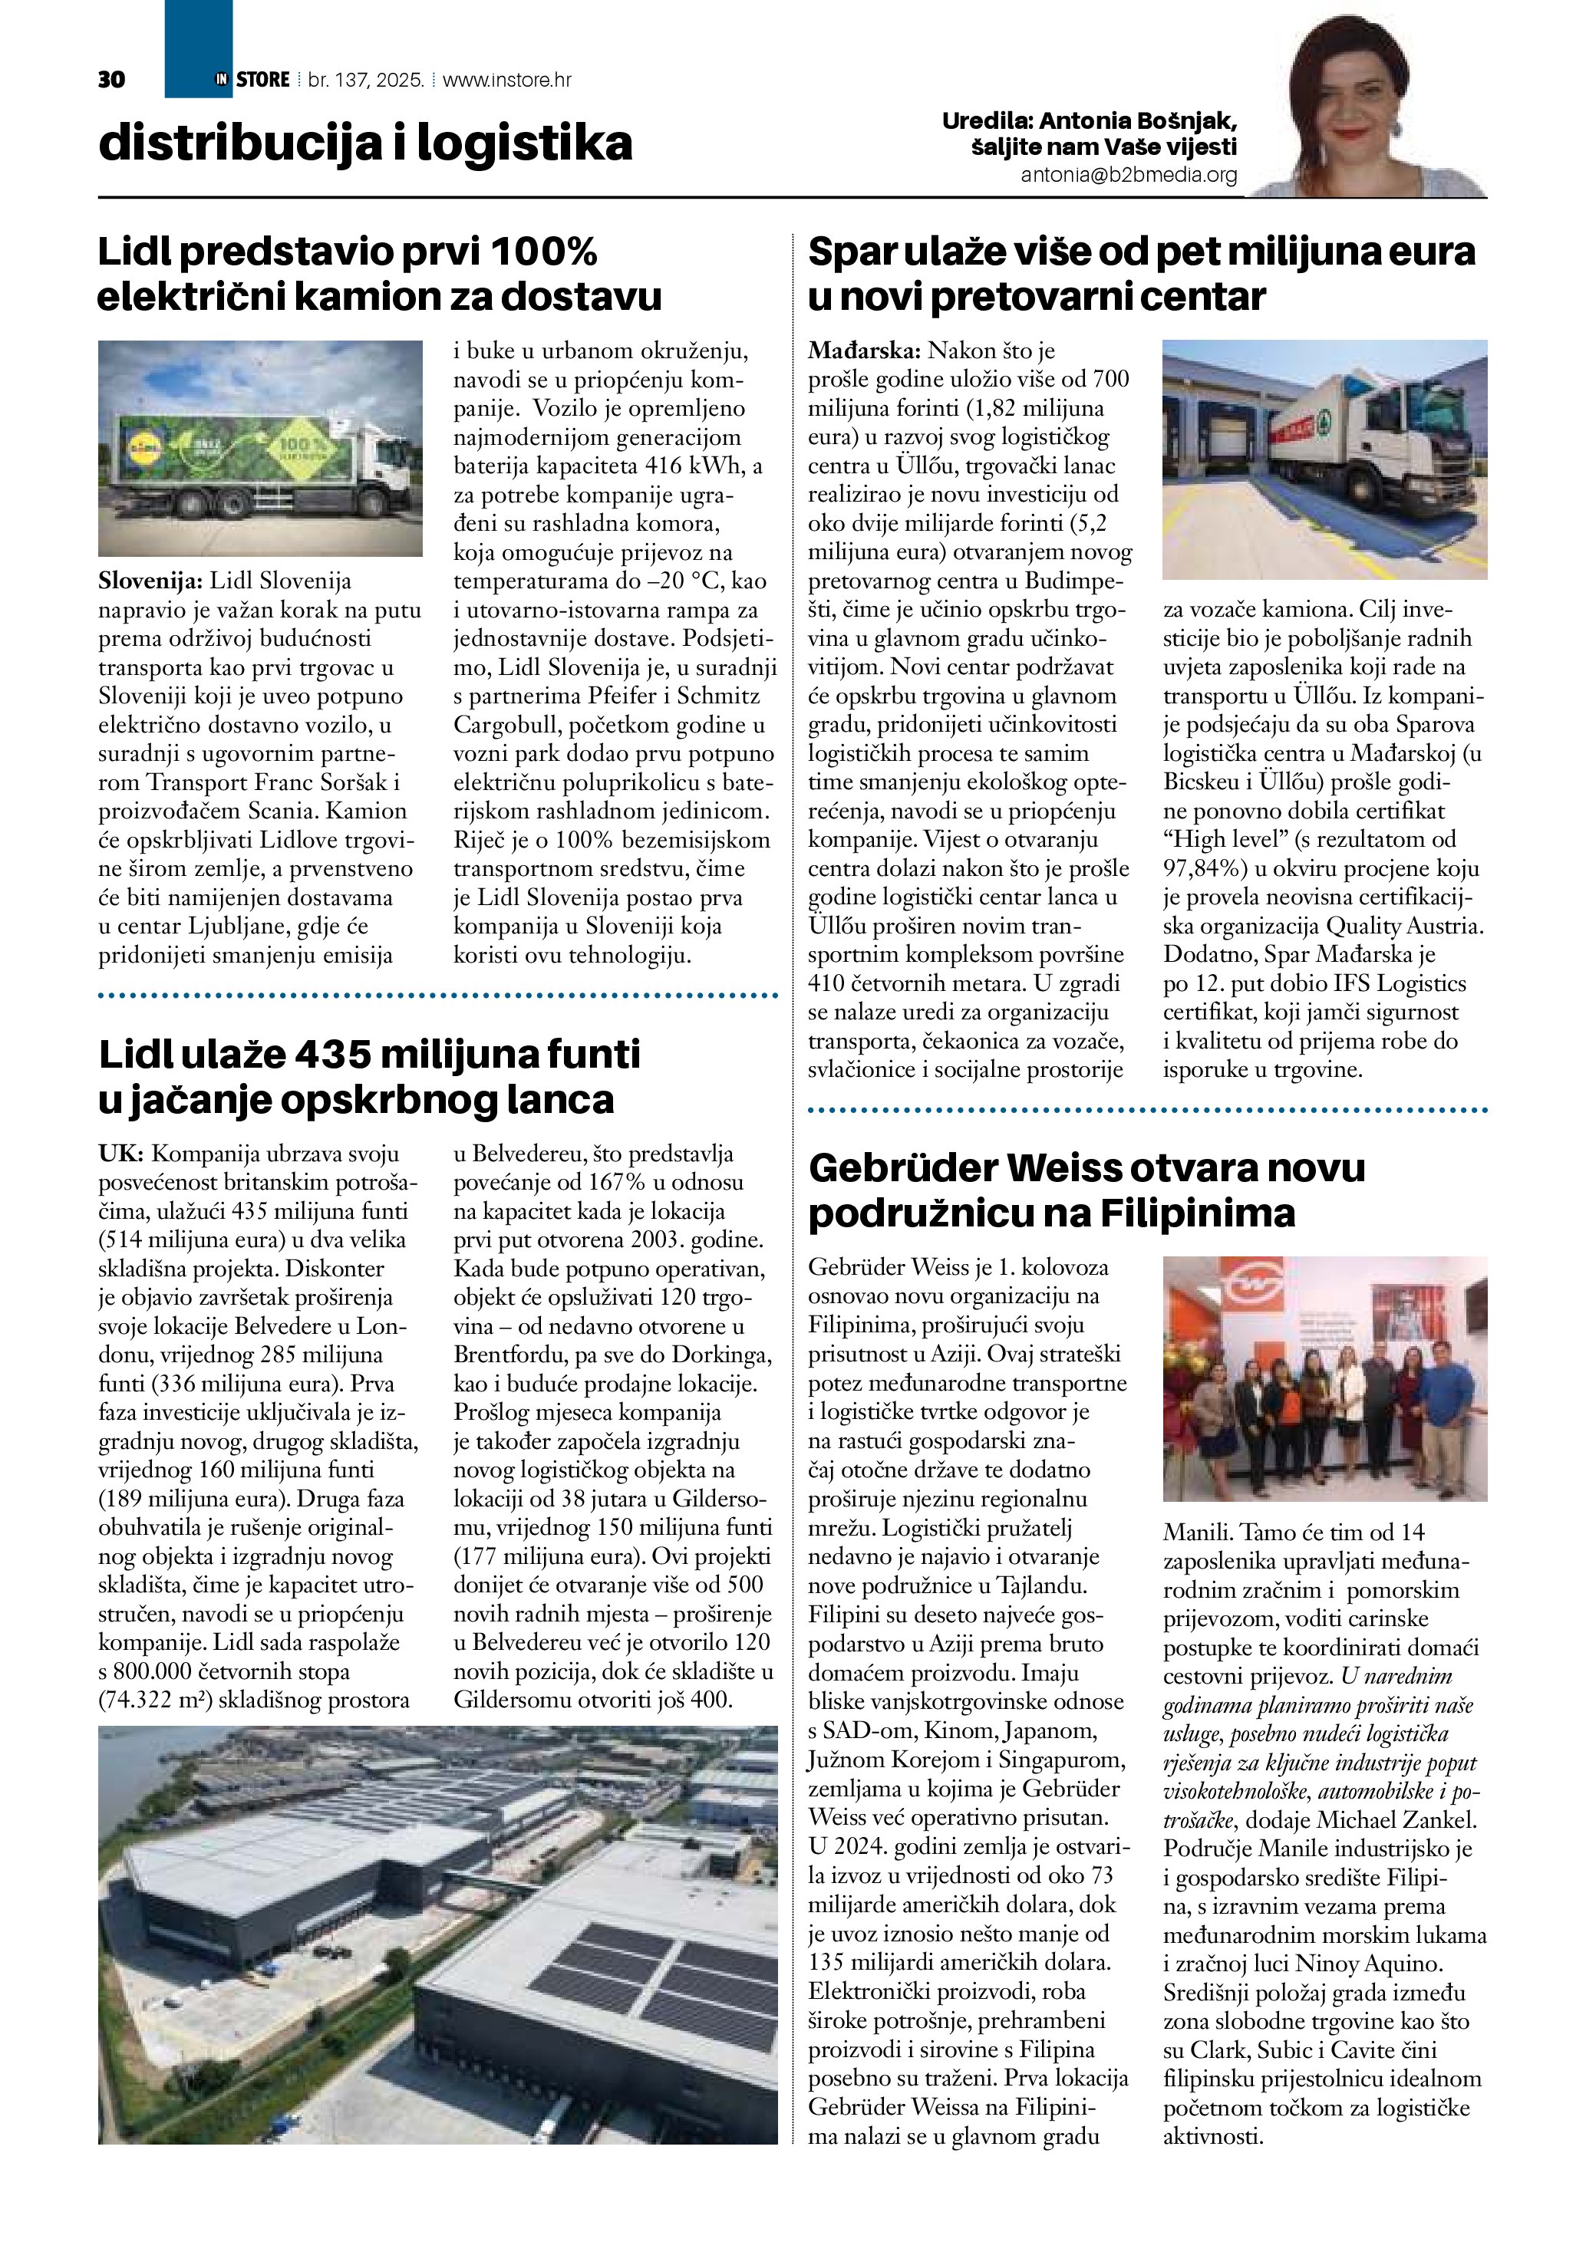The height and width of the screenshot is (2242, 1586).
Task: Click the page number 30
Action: (x=111, y=80)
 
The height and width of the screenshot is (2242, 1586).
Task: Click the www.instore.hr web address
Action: (x=507, y=80)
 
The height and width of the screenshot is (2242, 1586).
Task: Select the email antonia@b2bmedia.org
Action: (x=1128, y=176)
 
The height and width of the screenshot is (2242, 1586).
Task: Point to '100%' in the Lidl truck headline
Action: (x=543, y=252)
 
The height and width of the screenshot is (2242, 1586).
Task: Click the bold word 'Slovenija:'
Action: (x=150, y=581)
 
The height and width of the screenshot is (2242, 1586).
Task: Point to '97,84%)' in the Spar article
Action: (x=1203, y=868)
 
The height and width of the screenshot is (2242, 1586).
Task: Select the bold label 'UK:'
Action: (x=121, y=1154)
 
